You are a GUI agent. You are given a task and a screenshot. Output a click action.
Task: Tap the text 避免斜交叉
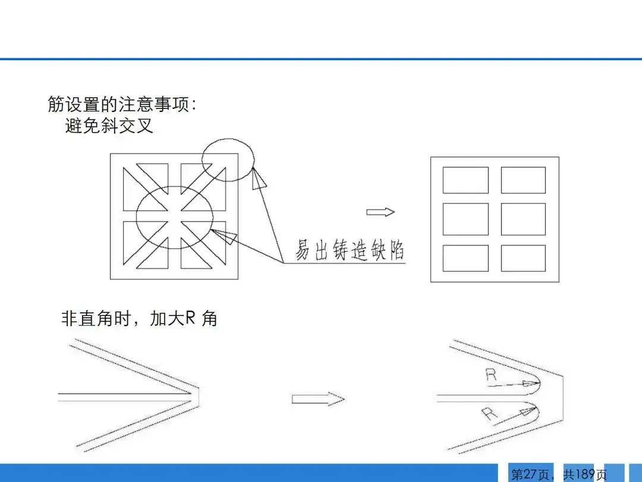pyautogui.click(x=109, y=126)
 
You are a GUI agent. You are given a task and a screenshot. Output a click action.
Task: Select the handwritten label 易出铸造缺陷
pyautogui.click(x=350, y=249)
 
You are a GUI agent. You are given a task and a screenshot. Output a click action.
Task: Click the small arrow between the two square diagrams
pyautogui.click(x=380, y=212)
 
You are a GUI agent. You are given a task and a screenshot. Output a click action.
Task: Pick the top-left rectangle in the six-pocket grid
pyautogui.click(x=465, y=180)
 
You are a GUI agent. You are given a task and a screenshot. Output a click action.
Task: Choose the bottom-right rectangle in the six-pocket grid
pyautogui.click(x=523, y=258)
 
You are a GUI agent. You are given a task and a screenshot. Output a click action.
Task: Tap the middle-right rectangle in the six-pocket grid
pyautogui.click(x=523, y=219)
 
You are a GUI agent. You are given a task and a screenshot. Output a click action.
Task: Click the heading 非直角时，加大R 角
pyautogui.click(x=139, y=318)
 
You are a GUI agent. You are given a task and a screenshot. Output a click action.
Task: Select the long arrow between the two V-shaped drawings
pyautogui.click(x=318, y=399)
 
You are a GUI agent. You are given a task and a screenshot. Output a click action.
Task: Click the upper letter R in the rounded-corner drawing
pyautogui.click(x=491, y=375)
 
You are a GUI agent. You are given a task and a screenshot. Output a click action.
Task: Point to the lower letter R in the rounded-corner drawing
pyautogui.click(x=489, y=414)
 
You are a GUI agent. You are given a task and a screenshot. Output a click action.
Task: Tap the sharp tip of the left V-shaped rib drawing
pyautogui.click(x=199, y=397)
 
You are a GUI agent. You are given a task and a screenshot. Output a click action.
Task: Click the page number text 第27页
pyautogui.click(x=530, y=474)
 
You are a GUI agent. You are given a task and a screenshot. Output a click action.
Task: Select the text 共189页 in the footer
pyautogui.click(x=585, y=474)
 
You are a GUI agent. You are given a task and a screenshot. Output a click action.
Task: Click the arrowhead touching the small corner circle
pyautogui.click(x=259, y=178)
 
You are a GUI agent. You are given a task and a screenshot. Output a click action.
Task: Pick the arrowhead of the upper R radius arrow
pyautogui.click(x=531, y=384)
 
